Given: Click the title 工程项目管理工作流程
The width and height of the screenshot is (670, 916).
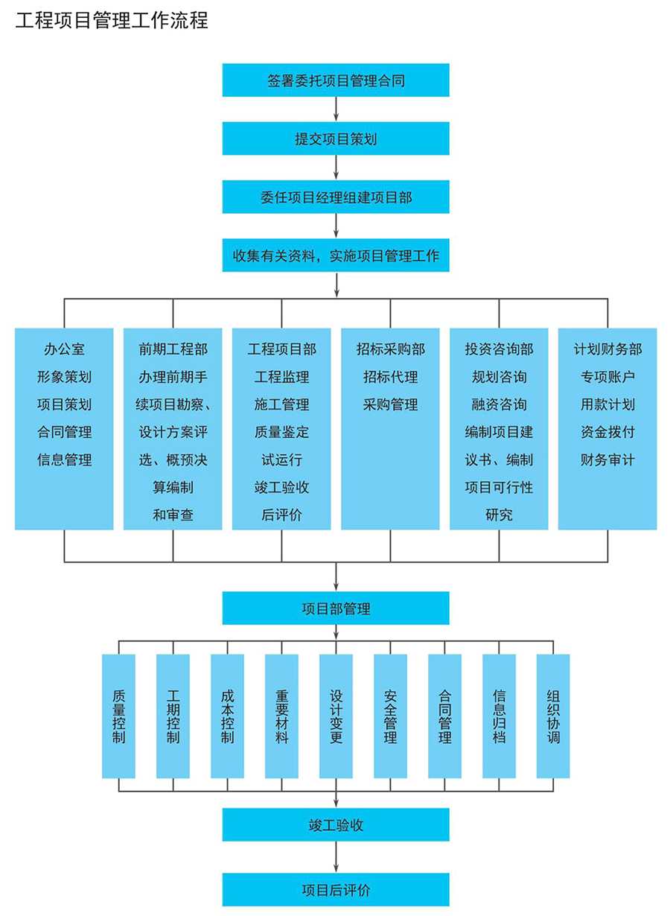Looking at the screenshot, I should (112, 20).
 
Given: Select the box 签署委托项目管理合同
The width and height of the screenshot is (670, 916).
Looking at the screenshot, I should (336, 80).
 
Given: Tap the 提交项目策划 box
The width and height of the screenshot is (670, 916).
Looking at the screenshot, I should (336, 139).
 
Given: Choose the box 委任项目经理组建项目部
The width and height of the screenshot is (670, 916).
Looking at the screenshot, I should (336, 197).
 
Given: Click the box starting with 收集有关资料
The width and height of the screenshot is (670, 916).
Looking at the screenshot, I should (336, 256).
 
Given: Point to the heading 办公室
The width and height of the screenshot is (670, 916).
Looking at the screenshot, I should (64, 349).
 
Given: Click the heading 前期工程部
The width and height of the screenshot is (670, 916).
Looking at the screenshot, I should (173, 349).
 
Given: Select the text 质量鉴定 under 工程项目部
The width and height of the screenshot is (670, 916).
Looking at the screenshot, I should (281, 432).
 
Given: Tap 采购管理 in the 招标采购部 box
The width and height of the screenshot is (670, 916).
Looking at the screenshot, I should (391, 404).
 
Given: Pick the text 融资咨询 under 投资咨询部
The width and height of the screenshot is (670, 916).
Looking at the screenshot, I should (499, 404).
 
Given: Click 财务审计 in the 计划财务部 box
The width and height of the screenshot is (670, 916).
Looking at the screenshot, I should (607, 459).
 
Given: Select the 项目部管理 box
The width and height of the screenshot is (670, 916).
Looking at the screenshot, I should (336, 608).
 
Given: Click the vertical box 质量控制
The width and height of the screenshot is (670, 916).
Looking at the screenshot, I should (118, 716).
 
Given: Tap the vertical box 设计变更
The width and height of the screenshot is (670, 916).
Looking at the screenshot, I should (336, 716).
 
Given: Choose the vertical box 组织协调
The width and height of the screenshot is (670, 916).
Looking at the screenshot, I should (553, 716).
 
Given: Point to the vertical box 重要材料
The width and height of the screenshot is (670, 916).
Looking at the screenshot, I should (282, 716).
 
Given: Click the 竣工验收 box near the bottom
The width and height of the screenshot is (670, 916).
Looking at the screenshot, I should (336, 825).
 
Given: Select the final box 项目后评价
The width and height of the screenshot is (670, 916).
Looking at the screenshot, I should (336, 889).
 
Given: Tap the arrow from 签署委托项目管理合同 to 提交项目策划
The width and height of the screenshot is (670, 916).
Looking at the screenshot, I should (336, 109).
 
